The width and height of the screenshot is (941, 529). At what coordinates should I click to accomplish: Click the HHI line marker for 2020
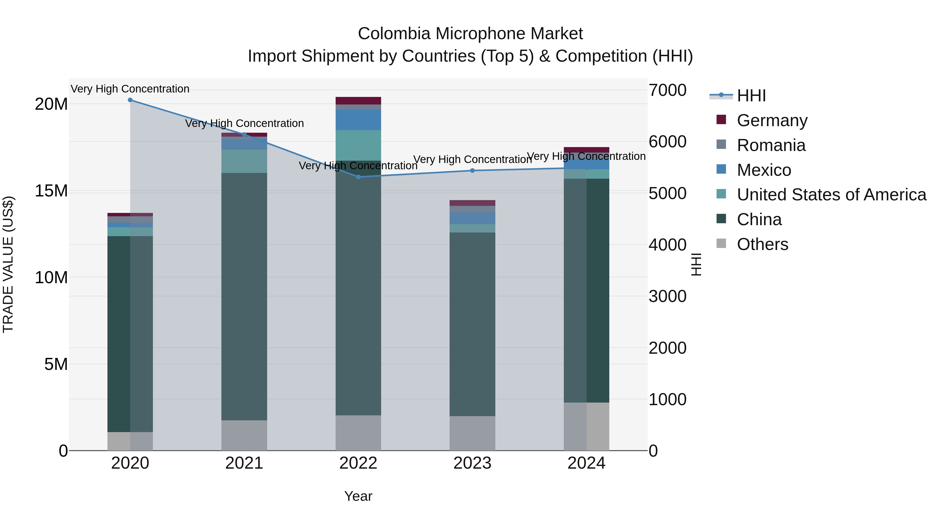130,100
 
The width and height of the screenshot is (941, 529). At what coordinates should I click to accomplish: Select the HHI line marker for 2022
358,177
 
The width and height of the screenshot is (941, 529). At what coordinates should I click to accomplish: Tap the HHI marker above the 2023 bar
472,171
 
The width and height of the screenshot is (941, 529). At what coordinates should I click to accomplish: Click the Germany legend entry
772,120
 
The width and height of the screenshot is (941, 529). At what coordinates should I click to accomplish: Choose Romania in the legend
771,145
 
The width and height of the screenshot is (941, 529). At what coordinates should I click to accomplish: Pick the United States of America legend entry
831,195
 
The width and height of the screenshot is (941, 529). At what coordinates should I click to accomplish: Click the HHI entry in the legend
751,96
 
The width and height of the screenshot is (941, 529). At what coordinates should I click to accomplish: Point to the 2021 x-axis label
244,463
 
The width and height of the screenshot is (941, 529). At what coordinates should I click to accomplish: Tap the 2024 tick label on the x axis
586,463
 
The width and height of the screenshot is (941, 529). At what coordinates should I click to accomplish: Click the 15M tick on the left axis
51,191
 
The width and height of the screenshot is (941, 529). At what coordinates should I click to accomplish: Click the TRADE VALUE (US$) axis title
8,264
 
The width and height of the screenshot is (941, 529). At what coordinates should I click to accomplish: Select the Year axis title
358,496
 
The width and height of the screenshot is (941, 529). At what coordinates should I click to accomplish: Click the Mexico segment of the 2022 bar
358,120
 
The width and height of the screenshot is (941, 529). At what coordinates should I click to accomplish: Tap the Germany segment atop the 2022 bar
358,101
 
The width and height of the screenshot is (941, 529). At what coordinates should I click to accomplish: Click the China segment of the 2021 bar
244,297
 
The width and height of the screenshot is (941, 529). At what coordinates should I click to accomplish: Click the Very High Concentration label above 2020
130,89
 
